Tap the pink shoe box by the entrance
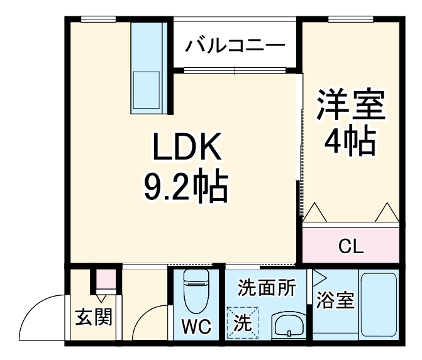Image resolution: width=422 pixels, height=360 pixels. point(106,277)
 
